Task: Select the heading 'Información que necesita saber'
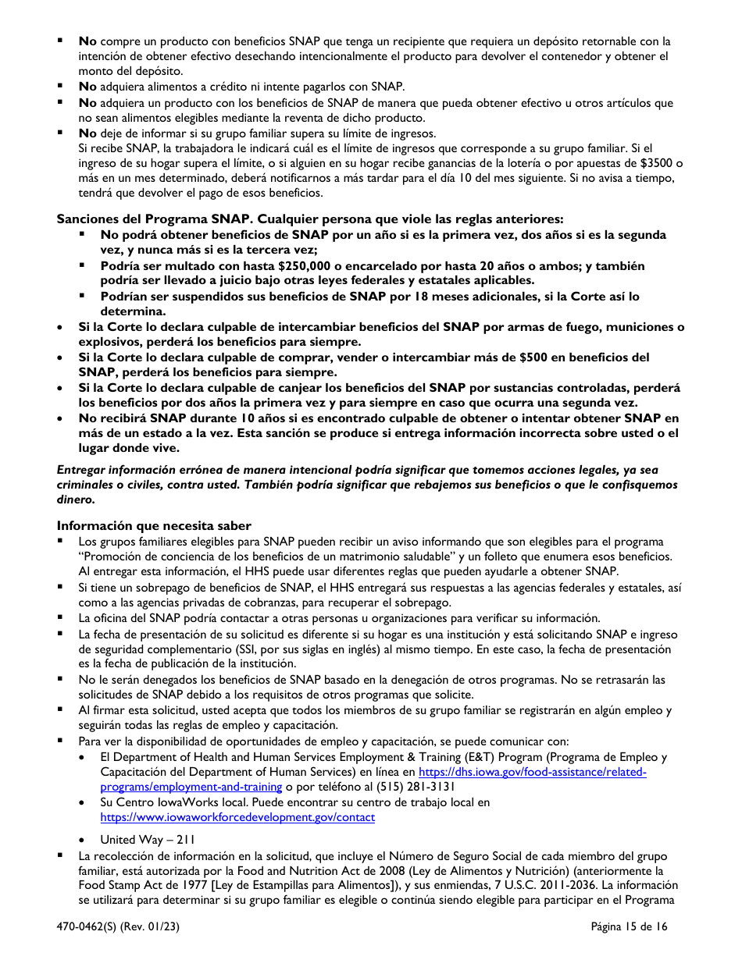(x=154, y=526)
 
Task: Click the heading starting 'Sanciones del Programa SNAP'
(x=309, y=219)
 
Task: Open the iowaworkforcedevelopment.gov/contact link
(x=237, y=817)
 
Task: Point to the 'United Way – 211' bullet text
(x=148, y=840)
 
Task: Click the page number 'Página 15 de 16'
(x=630, y=927)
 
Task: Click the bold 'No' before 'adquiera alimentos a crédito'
(x=87, y=87)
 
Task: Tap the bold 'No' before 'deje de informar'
(x=87, y=133)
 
